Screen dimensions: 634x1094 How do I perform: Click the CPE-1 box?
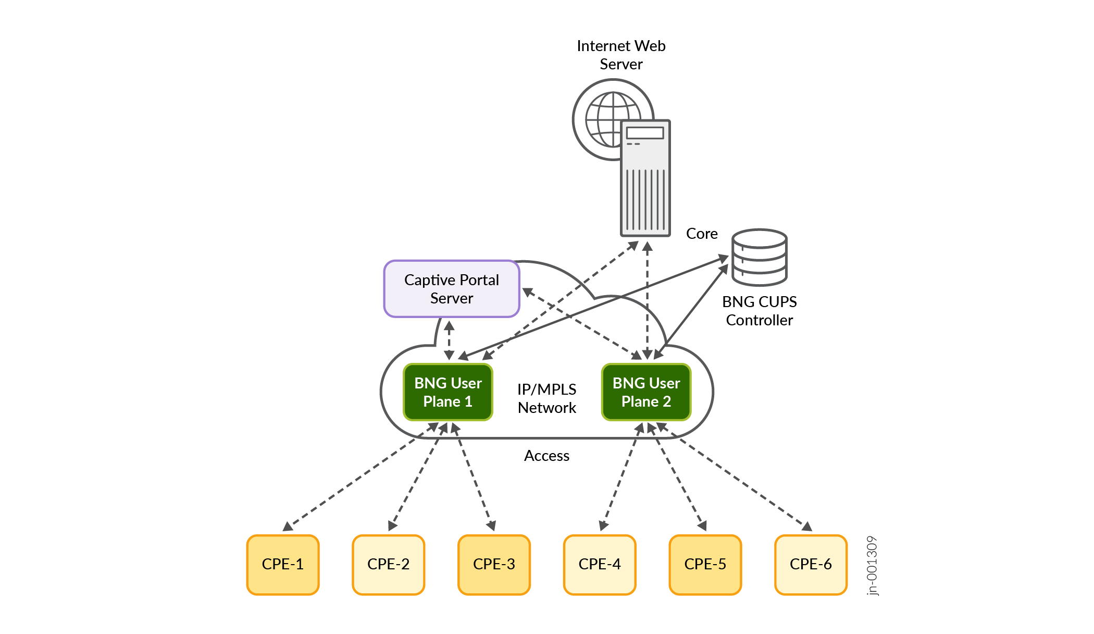pos(283,565)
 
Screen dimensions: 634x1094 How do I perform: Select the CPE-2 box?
pos(389,565)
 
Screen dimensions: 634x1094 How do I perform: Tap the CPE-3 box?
pos(494,565)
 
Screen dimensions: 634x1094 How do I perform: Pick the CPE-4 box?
pos(600,565)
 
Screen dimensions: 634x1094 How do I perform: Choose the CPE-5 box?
pos(705,565)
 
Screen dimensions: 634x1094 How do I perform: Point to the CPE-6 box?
pos(811,565)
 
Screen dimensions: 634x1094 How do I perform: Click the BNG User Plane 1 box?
pos(448,392)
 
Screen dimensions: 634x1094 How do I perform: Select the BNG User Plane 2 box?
pos(646,392)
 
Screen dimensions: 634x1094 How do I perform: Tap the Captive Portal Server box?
pos(452,289)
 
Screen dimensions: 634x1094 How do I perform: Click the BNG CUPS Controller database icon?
pos(759,258)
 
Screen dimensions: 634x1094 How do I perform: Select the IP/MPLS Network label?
pos(547,398)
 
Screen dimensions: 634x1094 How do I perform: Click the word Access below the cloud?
pos(546,456)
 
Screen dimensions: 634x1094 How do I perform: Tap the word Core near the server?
pos(702,234)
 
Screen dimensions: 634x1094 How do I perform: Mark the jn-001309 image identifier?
pos(872,565)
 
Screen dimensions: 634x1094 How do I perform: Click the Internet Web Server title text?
pos(621,55)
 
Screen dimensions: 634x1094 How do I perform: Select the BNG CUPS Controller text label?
pos(760,311)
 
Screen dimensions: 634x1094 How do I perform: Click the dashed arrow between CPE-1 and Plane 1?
pos(359,477)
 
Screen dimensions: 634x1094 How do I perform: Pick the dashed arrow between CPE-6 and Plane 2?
pos(735,477)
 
